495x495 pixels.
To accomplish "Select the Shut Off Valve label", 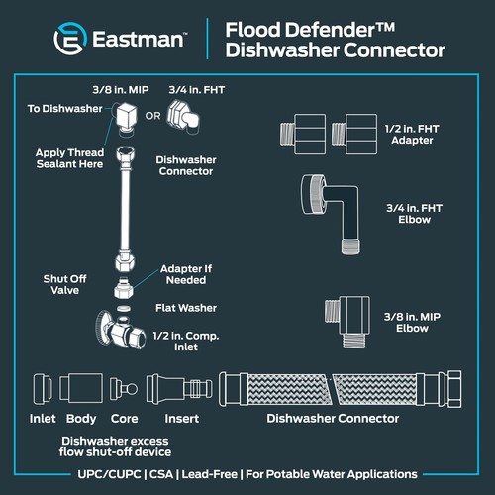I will pos(64,285).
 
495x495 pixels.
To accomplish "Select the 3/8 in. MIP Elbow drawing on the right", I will pos(346,318).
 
